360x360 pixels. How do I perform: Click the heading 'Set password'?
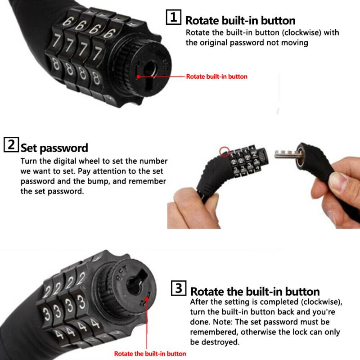(x=54, y=148)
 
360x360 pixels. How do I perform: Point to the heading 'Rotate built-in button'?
(x=240, y=20)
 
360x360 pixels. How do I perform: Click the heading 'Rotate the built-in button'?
(x=255, y=291)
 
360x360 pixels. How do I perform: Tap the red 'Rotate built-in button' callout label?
(x=216, y=76)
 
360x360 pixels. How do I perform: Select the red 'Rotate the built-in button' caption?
(x=150, y=354)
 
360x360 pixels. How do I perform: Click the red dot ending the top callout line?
(x=139, y=76)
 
